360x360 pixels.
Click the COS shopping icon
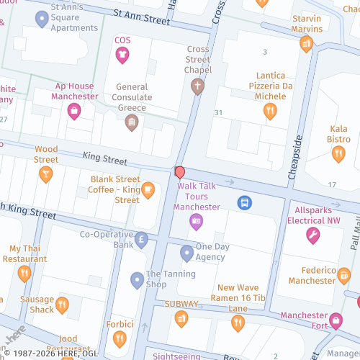[x=122, y=55]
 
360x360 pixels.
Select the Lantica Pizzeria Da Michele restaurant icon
[x=270, y=110]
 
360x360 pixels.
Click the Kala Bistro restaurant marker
[x=338, y=153]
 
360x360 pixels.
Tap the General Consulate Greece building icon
[x=132, y=122]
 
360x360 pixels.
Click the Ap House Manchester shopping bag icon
[x=73, y=111]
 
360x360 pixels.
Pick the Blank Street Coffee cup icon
[x=148, y=190]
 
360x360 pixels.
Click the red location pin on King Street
[x=180, y=173]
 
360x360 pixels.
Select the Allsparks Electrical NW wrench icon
[x=312, y=235]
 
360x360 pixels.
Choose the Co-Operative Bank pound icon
[x=141, y=240]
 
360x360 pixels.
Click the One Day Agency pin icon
[x=187, y=253]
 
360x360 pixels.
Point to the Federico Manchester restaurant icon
[x=343, y=275]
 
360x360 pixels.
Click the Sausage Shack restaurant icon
[x=62, y=305]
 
